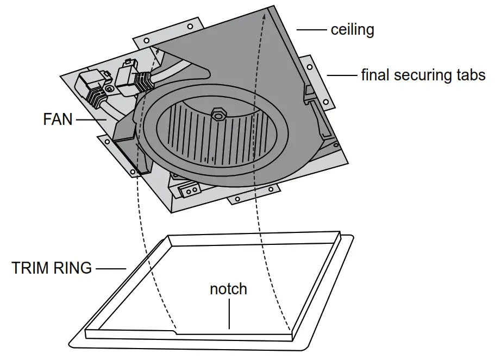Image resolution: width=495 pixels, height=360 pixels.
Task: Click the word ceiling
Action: pyautogui.click(x=352, y=29)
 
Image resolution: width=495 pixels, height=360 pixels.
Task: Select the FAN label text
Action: pyautogui.click(x=58, y=119)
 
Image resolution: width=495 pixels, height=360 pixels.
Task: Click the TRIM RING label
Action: pyautogui.click(x=52, y=268)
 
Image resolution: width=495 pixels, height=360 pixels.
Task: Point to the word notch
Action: pyautogui.click(x=228, y=289)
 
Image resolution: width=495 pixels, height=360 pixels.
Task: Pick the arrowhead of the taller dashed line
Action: pyautogui.click(x=264, y=16)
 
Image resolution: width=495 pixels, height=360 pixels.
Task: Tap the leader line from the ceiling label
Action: pyautogui.click(x=311, y=29)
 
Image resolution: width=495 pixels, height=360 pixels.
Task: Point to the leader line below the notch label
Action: pyautogui.click(x=229, y=315)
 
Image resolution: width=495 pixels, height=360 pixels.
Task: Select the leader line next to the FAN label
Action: pyautogui.click(x=91, y=119)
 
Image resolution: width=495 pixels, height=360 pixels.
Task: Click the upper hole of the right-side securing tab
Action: pyautogui.click(x=310, y=67)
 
